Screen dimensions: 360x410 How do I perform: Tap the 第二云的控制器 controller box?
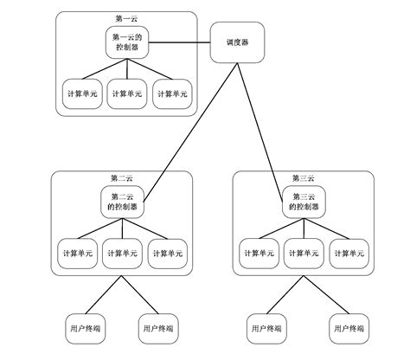122,202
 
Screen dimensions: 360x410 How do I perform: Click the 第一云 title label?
127,18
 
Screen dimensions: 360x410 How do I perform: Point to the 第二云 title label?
122,177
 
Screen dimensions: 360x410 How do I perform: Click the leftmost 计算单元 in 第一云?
83,93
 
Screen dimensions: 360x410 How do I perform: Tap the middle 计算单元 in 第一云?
127,93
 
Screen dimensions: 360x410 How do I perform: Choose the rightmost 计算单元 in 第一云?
172,93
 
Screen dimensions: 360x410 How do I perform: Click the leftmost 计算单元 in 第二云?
76,253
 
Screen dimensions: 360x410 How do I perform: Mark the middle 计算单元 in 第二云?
121,253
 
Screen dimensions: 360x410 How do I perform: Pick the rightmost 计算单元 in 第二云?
167,253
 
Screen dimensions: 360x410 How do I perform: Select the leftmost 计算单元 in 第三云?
259,253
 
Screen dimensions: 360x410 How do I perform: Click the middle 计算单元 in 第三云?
304,253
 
